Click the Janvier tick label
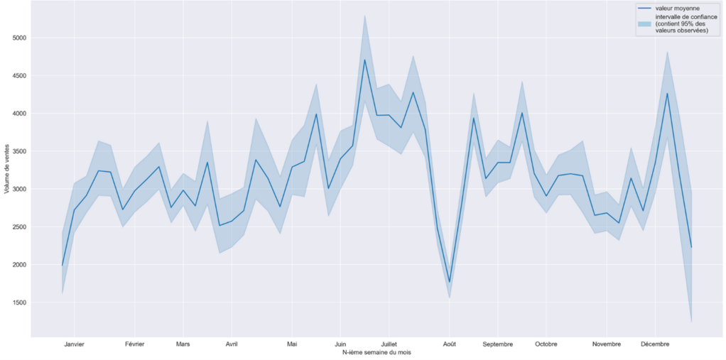click(x=74, y=344)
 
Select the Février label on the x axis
click(x=134, y=344)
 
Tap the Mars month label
click(x=183, y=344)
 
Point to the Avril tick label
click(x=232, y=344)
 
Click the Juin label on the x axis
click(x=340, y=344)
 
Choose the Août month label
click(x=450, y=344)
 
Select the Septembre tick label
click(x=497, y=344)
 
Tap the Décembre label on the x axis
click(x=655, y=344)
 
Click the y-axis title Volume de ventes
click(x=7, y=170)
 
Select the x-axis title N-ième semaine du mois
click(x=376, y=352)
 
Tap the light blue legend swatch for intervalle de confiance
click(x=644, y=24)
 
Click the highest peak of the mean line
click(x=364, y=60)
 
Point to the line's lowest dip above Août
click(x=450, y=283)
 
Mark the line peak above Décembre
click(x=667, y=93)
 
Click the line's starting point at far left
click(x=63, y=266)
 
